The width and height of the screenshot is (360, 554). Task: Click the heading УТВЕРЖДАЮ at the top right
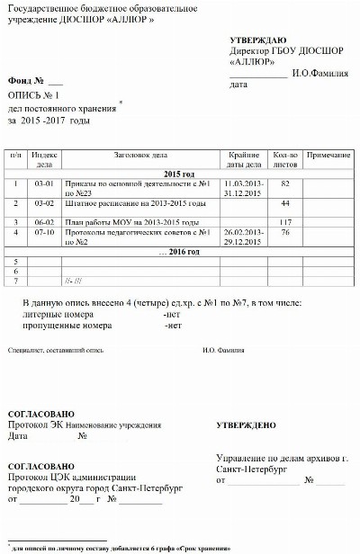257,41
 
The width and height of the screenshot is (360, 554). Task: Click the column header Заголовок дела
140,156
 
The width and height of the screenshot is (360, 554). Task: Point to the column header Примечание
328,156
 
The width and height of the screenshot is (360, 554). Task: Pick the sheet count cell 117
287,221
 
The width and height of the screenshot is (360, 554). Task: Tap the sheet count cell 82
285,183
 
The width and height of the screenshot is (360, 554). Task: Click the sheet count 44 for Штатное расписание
285,203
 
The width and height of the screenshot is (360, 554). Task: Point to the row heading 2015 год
179,174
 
